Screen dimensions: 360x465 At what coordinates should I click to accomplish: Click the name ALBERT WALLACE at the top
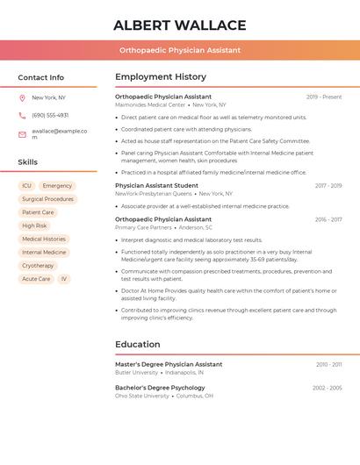coord(180,25)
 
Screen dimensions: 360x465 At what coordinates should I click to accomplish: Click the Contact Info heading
coord(41,77)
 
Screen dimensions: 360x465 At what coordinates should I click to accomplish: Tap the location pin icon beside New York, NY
coord(22,98)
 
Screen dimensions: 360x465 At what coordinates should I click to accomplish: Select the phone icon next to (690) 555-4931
coord(22,115)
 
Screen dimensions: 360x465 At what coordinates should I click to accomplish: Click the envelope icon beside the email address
coord(22,133)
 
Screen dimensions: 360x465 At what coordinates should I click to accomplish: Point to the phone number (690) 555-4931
coord(50,115)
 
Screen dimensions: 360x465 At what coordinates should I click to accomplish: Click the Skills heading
coord(28,162)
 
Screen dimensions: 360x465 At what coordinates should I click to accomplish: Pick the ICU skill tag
coord(26,186)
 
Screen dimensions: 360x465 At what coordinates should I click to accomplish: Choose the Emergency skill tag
coord(57,186)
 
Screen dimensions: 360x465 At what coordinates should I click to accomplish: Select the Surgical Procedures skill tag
coord(47,199)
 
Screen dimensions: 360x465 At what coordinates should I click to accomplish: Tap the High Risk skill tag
coord(34,225)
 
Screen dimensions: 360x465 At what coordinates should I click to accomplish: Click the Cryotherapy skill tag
coord(38,266)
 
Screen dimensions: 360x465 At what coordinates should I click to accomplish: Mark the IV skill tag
coord(63,279)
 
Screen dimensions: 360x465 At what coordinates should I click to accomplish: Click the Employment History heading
coord(161,77)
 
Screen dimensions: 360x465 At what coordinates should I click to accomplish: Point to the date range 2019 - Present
coord(324,97)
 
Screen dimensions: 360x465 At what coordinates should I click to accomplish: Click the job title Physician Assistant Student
coord(156,186)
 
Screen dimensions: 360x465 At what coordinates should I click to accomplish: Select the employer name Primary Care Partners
coord(143,227)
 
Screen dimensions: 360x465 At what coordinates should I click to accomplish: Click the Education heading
coord(137,345)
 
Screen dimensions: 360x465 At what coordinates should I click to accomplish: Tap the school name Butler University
coord(136,372)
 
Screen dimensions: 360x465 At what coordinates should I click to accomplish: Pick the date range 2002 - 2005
coord(327,388)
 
